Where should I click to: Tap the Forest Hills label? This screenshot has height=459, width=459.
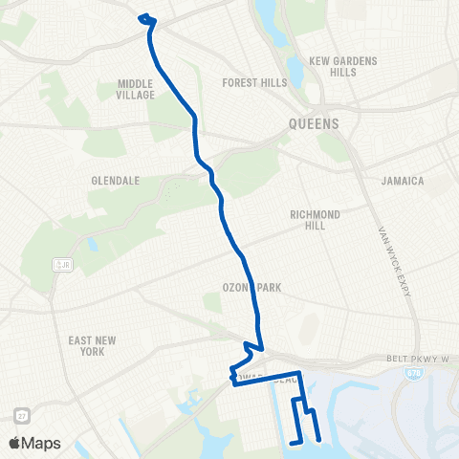tap(254, 83)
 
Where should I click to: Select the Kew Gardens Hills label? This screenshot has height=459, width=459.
tap(343, 66)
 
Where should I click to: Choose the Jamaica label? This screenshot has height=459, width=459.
tap(402, 181)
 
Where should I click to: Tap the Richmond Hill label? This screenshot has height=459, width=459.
tap(316, 220)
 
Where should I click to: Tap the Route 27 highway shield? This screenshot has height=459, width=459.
tap(21, 415)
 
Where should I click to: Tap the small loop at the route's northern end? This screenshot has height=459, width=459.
tap(146, 18)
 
